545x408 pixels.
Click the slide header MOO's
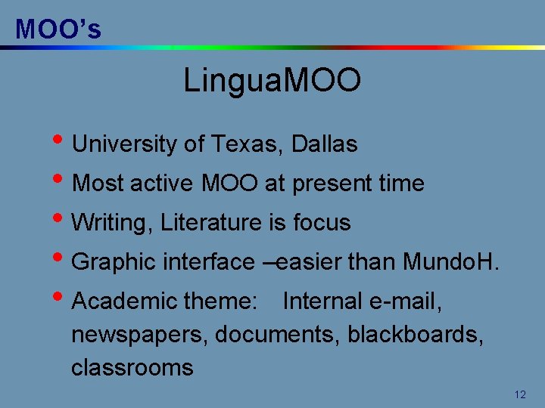[x=58, y=29]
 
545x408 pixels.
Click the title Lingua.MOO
[x=272, y=81]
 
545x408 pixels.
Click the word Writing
[x=112, y=223]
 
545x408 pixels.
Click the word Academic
[x=122, y=301]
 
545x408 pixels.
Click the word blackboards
[x=415, y=335]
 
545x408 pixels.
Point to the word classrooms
[x=132, y=368]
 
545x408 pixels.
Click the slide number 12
[x=519, y=394]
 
